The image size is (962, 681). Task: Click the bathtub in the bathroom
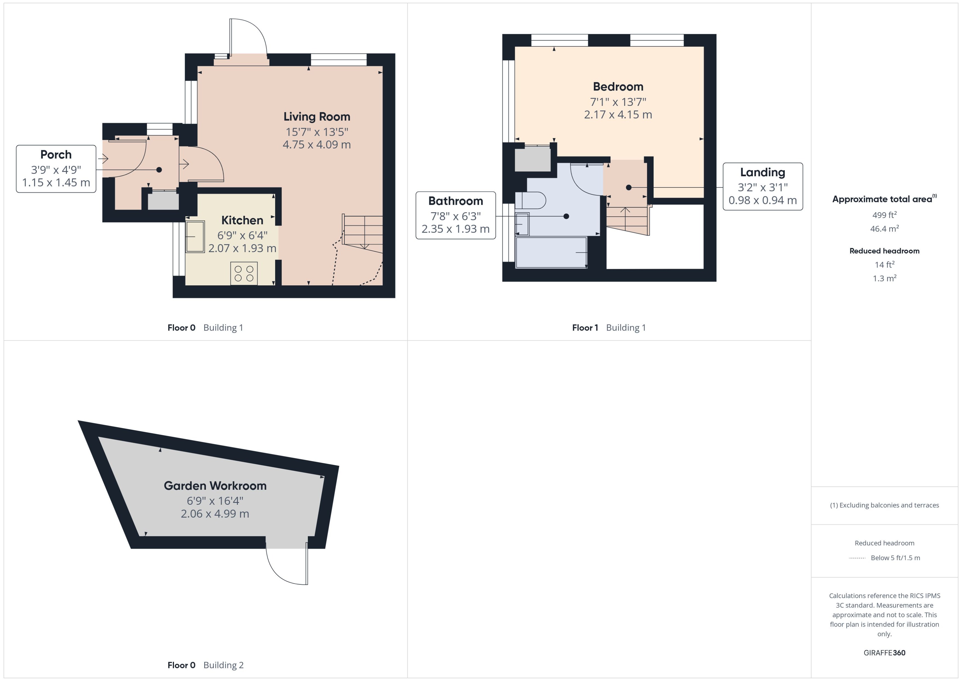point(551,252)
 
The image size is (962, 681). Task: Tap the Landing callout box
point(762,186)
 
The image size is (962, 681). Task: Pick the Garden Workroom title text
point(215,486)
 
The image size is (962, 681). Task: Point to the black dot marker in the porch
point(159,170)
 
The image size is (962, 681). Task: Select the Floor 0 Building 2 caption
point(205,665)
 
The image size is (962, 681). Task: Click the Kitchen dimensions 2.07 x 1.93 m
point(242,248)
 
